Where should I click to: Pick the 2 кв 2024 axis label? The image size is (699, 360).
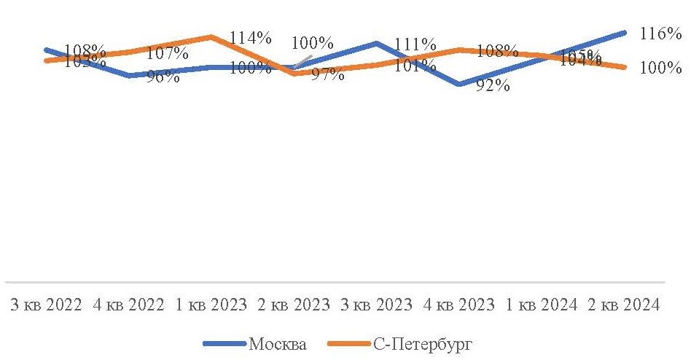622,305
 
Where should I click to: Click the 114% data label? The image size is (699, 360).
250,37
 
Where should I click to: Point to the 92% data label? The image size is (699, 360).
494,86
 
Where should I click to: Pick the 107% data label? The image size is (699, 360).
168,53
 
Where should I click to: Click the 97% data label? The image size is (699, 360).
327,74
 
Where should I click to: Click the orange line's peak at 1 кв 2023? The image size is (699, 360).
210,36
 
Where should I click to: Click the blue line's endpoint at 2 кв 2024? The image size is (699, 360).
625,32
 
